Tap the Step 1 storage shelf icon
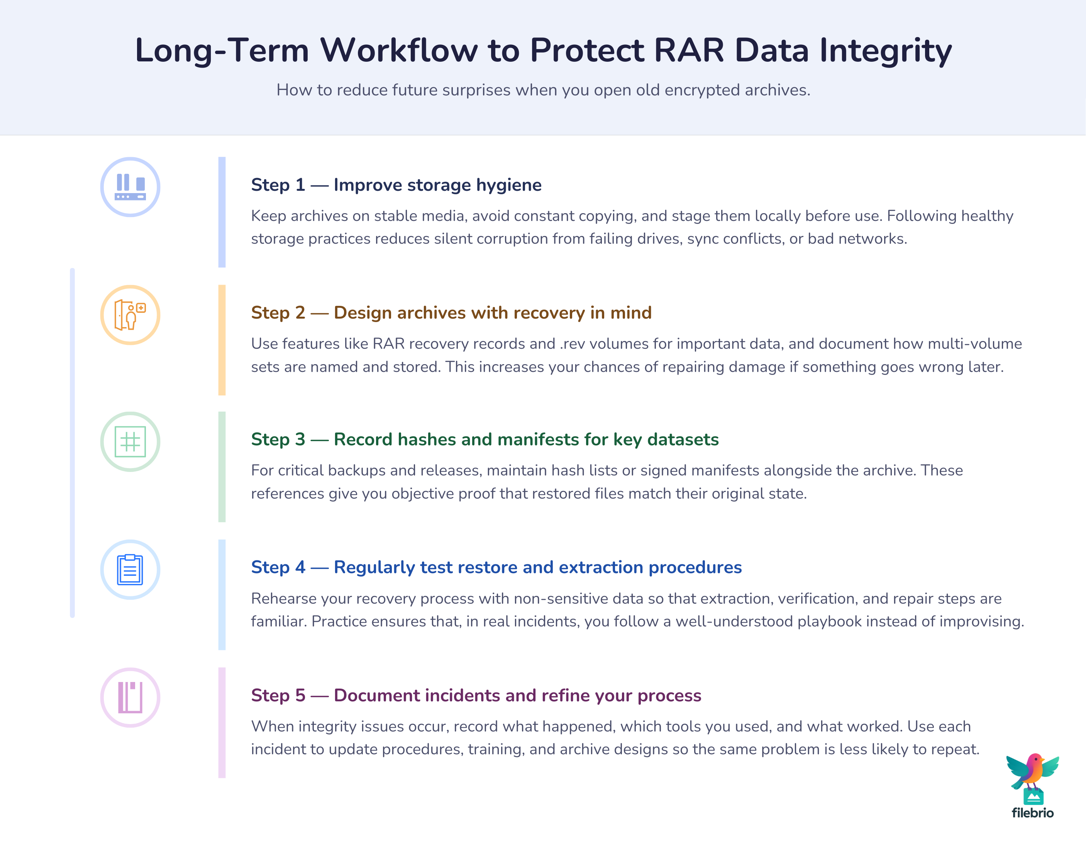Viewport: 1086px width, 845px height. [x=130, y=187]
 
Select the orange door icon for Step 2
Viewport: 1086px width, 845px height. [x=130, y=315]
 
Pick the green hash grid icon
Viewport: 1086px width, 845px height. [x=130, y=442]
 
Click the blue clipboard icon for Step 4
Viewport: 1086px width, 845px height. [x=130, y=570]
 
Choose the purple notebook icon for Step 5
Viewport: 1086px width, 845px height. [x=130, y=697]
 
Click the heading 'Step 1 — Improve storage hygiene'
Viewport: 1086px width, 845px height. [x=396, y=185]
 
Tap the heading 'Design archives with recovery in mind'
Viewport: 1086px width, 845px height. [x=492, y=313]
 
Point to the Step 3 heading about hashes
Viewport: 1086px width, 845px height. [x=485, y=439]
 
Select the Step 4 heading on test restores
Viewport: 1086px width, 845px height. [x=496, y=567]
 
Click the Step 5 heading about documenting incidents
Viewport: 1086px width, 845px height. [x=476, y=695]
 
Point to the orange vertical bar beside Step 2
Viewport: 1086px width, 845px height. [x=222, y=340]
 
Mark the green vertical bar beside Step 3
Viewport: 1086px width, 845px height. [x=222, y=467]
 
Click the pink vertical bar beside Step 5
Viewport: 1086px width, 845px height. [x=222, y=722]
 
